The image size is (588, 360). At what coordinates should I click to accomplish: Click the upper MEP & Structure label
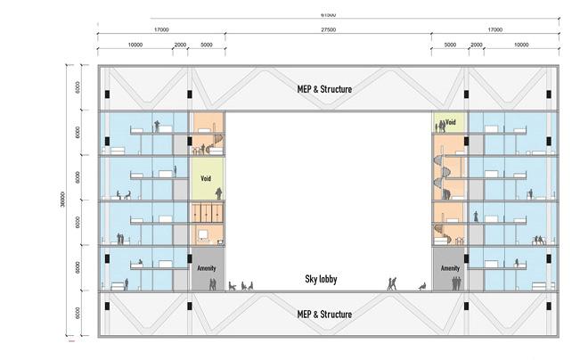click(x=324, y=89)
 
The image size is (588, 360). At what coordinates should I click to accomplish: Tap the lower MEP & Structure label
click(x=324, y=315)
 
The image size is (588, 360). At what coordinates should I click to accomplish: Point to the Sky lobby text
click(x=324, y=279)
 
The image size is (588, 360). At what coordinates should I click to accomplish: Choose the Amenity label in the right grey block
click(x=450, y=266)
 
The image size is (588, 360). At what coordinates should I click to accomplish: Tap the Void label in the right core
click(x=451, y=120)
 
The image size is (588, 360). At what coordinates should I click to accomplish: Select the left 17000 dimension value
click(x=161, y=29)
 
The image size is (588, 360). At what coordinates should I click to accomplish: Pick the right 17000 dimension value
click(x=494, y=29)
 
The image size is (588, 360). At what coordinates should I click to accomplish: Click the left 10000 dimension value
click(x=135, y=44)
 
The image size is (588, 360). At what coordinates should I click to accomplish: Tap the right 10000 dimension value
click(x=520, y=44)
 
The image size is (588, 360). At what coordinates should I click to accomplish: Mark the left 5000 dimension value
click(x=206, y=44)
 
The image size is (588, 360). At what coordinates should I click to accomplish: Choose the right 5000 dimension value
click(x=449, y=44)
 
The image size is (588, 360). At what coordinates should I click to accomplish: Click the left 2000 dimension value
click(x=180, y=44)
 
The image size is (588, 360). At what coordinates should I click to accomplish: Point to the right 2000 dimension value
click(x=476, y=44)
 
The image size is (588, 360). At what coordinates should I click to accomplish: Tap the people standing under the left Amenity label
click(x=212, y=284)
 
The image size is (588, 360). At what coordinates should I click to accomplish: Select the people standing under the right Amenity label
click(x=455, y=283)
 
